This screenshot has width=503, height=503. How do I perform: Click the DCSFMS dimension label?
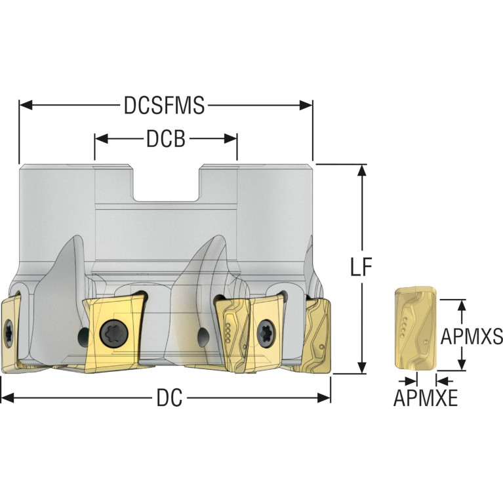pyautogui.click(x=164, y=105)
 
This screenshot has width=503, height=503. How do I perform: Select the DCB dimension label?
pyautogui.click(x=166, y=138)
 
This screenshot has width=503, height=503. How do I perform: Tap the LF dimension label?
pyautogui.click(x=361, y=266)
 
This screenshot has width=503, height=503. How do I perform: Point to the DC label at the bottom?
pyautogui.click(x=169, y=397)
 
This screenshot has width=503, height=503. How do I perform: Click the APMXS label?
pyautogui.click(x=472, y=336)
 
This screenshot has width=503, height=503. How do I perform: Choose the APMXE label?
pyautogui.click(x=426, y=397)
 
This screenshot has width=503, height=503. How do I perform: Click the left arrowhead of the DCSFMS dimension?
pyautogui.click(x=26, y=105)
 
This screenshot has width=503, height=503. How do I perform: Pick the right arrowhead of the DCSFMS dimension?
pyautogui.click(x=306, y=105)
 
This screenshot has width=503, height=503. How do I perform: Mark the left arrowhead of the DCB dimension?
pyautogui.click(x=101, y=138)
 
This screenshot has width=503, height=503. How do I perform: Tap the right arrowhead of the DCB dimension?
pyautogui.click(x=231, y=138)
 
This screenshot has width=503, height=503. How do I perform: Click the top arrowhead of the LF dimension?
pyautogui.click(x=362, y=171)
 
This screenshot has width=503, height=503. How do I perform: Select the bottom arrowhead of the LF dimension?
pyautogui.click(x=362, y=367)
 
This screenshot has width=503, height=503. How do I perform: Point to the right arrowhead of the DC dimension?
pyautogui.click(x=324, y=398)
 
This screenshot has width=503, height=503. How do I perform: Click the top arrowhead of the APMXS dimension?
pyautogui.click(x=461, y=306)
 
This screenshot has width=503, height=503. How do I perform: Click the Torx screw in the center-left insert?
pyautogui.click(x=114, y=333)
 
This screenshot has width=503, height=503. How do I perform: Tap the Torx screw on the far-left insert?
pyautogui.click(x=9, y=333)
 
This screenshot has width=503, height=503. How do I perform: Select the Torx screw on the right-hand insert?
pyautogui.click(x=266, y=333)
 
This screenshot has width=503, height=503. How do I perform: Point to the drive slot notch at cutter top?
pyautogui.click(x=166, y=183)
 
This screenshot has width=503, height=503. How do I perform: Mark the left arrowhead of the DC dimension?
pyautogui.click(x=7, y=398)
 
